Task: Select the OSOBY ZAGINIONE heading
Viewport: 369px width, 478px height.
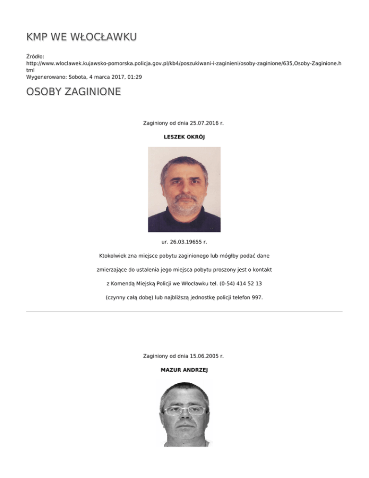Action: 73,92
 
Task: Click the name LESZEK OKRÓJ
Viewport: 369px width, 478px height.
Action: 184,137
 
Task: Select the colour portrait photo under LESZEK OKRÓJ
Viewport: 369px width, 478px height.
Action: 184,189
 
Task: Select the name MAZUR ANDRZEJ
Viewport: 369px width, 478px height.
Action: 184,370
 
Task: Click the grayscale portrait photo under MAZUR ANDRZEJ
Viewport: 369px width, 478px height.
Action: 184,414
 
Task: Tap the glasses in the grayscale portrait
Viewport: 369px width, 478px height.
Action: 184,410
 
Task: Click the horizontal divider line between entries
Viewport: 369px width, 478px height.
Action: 184,312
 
